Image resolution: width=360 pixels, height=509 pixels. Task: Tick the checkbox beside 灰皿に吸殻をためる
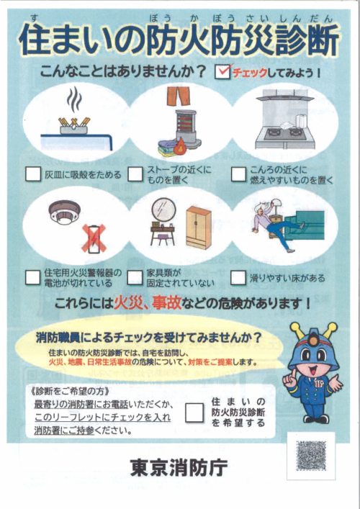33,174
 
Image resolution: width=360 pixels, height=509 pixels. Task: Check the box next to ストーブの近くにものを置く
135,174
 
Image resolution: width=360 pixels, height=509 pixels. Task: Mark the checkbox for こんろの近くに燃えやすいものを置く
238,174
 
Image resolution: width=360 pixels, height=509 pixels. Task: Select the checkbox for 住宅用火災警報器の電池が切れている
33,278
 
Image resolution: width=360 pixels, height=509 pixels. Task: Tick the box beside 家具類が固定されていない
135,278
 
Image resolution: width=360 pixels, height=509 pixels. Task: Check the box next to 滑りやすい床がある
238,278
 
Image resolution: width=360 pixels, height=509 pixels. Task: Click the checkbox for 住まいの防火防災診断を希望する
194,413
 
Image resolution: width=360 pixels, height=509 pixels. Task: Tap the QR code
311,456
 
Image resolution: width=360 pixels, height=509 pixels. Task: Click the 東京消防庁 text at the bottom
179,467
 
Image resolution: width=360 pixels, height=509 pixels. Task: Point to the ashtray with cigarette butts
73,127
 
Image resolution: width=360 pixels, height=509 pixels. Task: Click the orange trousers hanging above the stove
179,96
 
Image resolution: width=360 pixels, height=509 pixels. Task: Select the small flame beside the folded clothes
179,148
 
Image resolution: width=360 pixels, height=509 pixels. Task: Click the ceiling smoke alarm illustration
64,212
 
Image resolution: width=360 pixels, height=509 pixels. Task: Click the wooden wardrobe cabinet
198,228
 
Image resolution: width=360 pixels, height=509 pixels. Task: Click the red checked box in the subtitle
222,71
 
